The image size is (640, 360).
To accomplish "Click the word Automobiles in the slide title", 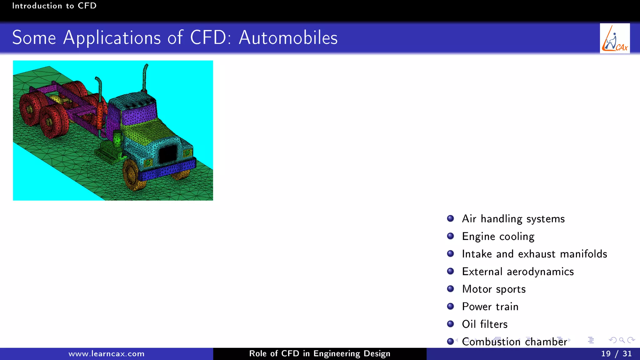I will click(288, 38).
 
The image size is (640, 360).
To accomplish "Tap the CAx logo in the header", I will click(614, 38).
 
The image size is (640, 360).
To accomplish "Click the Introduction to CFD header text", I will click(54, 6).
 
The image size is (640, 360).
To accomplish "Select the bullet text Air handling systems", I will click(513, 219).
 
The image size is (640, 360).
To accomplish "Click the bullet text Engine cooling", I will click(498, 236).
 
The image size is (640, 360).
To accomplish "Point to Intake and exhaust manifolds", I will click(534, 254).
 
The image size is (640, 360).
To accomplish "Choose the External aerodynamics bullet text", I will click(518, 271).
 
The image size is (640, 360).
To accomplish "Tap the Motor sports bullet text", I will click(494, 289).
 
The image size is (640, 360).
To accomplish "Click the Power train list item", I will click(490, 307).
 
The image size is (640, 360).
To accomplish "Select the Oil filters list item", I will click(485, 324).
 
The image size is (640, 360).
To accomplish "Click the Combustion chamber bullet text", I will click(514, 342).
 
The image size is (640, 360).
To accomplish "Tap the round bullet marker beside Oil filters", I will click(450, 324).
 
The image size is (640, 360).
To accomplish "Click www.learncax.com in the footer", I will click(106, 354).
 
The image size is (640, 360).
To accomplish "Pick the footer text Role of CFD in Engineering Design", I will click(320, 354).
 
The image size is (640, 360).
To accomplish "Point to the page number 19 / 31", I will click(616, 354).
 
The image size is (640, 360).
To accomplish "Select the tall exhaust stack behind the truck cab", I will click(145, 78).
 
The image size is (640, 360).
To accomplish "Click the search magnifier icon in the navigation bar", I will click(622, 340).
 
